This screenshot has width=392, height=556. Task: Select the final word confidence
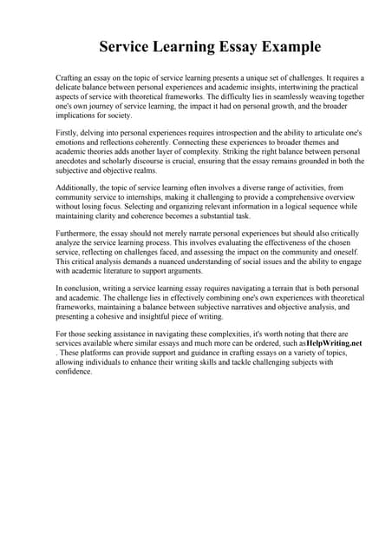(73, 372)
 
